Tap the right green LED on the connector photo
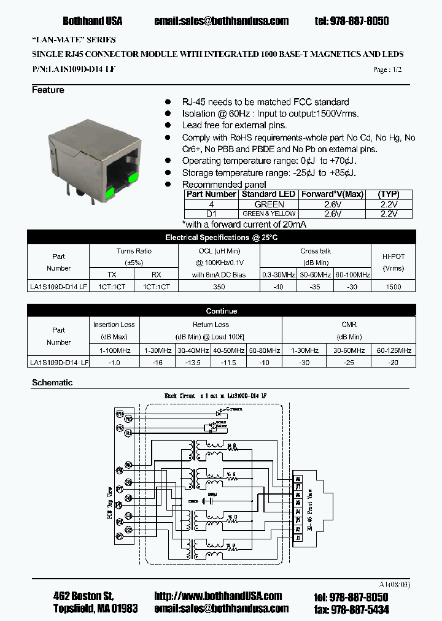(x=132, y=179)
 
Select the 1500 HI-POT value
(x=394, y=287)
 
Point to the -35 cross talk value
(x=316, y=287)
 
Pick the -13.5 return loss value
(x=193, y=362)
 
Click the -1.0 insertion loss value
(x=115, y=362)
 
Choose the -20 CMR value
(x=394, y=362)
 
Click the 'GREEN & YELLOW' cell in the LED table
(x=269, y=214)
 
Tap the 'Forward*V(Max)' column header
(x=331, y=194)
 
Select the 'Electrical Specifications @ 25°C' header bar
(x=221, y=237)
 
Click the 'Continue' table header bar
(x=221, y=311)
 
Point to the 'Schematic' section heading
(x=52, y=382)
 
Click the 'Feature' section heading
(x=48, y=90)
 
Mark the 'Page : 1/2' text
(x=387, y=70)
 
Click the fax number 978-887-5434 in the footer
(x=359, y=609)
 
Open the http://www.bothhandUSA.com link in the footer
(x=218, y=596)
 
